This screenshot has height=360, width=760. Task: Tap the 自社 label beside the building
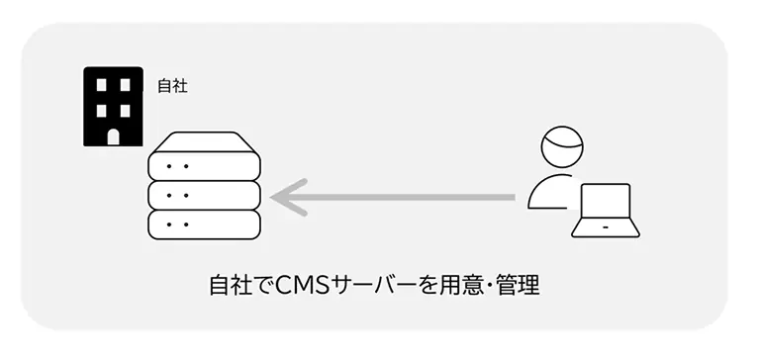(x=172, y=86)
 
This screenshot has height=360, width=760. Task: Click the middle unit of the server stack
(x=204, y=195)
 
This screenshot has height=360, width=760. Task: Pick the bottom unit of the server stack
(x=204, y=224)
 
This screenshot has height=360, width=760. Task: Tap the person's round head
(x=563, y=149)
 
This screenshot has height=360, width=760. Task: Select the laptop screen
(x=605, y=204)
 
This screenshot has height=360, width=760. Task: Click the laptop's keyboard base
(x=605, y=230)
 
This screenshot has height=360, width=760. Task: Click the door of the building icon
(x=113, y=136)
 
